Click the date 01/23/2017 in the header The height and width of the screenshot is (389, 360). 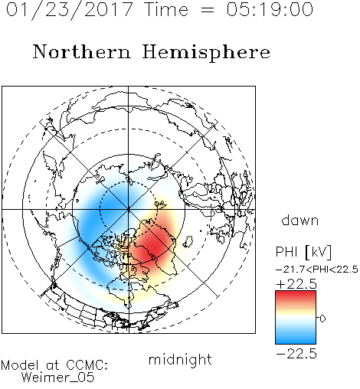tap(70, 10)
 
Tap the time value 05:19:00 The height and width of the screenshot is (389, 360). tap(270, 9)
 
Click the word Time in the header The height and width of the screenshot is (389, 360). tap(166, 9)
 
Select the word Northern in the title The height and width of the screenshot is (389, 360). tap(82, 51)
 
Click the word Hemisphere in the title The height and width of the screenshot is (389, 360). tap(206, 53)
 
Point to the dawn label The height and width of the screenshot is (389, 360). tap(300, 220)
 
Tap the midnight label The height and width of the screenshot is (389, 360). tap(180, 359)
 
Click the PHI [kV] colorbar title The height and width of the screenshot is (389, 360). tap(303, 252)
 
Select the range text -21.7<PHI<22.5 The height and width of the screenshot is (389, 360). tap(317, 270)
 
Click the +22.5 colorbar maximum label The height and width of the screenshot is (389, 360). tap(296, 284)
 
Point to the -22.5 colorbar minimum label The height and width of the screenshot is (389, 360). tap(296, 354)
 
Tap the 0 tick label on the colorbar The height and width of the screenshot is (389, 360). tap(322, 319)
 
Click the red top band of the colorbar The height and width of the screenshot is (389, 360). tap(296, 295)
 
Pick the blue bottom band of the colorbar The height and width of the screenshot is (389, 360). tap(296, 340)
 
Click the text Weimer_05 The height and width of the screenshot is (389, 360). tap(58, 377)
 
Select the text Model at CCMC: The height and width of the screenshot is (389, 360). tap(54, 365)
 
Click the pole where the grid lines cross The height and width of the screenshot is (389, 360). tap(129, 209)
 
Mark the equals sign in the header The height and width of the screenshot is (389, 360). tap(208, 10)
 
